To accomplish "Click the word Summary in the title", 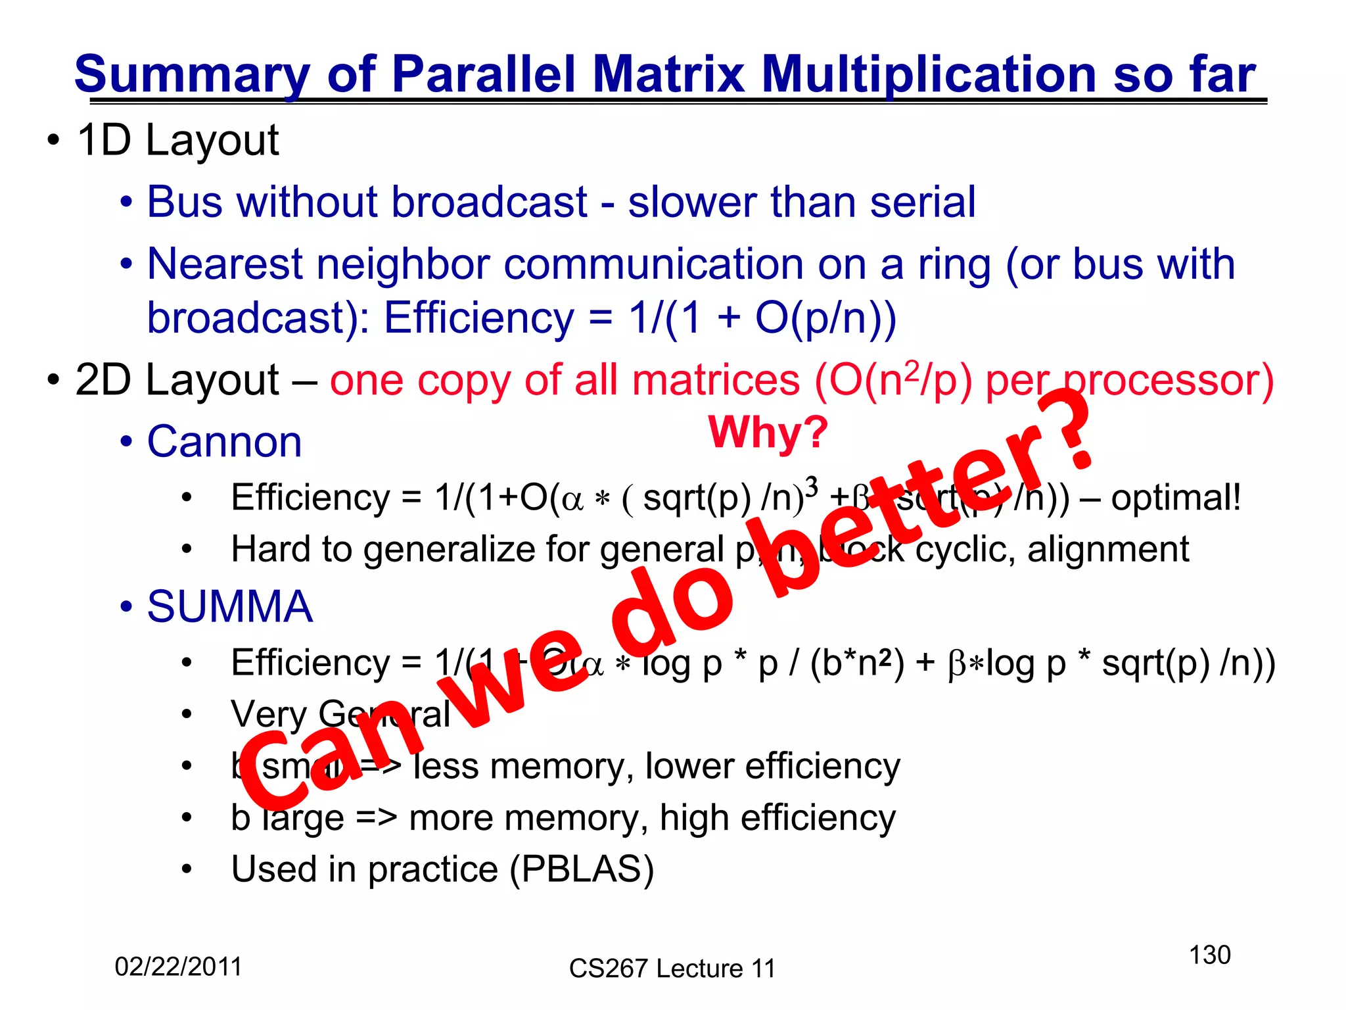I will click(x=191, y=74).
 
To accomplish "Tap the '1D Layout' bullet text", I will click(x=177, y=140).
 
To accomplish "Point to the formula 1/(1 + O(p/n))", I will click(x=762, y=318).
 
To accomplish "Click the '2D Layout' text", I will click(x=177, y=380).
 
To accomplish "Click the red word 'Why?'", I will click(x=768, y=433).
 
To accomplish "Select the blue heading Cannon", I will click(x=224, y=441).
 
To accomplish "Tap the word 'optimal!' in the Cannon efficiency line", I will click(x=1176, y=497).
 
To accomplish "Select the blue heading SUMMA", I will click(x=229, y=606).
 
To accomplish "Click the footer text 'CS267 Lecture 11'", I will click(x=672, y=969).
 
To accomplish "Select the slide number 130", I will click(x=1209, y=955).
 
